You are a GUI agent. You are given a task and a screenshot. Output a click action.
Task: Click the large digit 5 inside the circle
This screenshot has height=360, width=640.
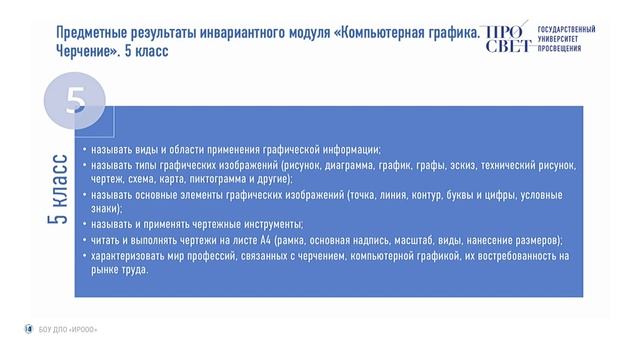[x=76, y=101]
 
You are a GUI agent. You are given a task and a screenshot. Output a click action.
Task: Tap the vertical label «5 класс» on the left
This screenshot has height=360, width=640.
[x=58, y=189]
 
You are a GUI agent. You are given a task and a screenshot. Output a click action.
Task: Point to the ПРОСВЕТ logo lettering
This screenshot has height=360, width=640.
[x=506, y=39]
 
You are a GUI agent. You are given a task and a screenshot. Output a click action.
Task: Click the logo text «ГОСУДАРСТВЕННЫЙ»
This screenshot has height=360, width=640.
[x=566, y=30]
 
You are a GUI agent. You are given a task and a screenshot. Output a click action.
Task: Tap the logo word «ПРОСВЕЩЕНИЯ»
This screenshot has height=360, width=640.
[x=559, y=48]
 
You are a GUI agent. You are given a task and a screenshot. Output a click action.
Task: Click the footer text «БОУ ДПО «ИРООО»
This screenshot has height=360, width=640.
[x=68, y=329]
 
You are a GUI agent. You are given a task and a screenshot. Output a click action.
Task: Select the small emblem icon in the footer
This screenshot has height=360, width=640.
[x=28, y=329]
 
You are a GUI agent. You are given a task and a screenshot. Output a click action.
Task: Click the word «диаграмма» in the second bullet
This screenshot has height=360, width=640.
[x=349, y=165]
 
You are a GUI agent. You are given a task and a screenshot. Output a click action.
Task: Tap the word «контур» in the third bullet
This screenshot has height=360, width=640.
[x=427, y=195]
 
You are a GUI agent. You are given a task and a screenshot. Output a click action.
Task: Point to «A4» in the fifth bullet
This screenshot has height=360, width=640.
[x=265, y=240]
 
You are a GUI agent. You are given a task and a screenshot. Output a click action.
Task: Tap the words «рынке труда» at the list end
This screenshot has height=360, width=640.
[x=119, y=270]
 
